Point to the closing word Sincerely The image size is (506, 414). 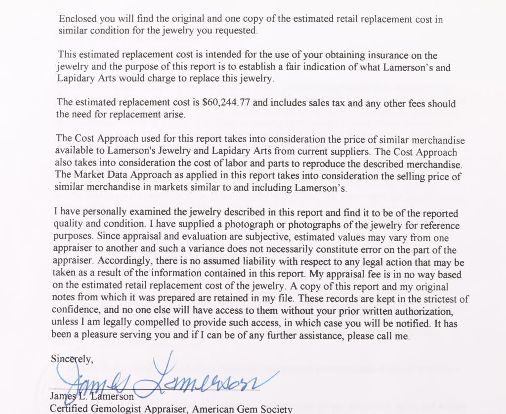point(71,359)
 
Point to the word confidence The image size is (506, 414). point(74,311)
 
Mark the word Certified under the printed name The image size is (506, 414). point(69,409)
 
